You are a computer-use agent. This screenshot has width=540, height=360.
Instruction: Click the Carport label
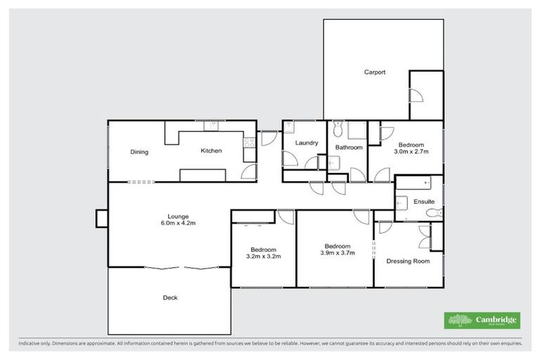pos(374,72)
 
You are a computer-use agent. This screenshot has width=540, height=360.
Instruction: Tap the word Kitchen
pos(211,150)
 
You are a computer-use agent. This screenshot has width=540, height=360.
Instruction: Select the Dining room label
pos(139,151)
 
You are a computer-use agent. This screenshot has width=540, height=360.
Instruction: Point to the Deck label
pos(170,297)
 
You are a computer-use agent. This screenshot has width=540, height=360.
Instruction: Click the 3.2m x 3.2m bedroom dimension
pos(264,257)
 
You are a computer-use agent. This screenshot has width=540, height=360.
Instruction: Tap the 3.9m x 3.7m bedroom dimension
pos(337,253)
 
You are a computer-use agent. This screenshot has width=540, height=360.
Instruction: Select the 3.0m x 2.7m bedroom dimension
pos(411,151)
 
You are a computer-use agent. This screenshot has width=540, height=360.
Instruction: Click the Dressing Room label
pos(408,261)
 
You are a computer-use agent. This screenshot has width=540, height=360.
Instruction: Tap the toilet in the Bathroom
pos(338,129)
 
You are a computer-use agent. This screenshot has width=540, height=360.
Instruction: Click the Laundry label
pos(307,143)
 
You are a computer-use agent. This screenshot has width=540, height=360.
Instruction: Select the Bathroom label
pos(348,148)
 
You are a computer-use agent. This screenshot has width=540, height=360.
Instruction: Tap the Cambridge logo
pos(483,321)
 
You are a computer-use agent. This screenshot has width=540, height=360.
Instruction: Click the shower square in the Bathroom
pos(356,130)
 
